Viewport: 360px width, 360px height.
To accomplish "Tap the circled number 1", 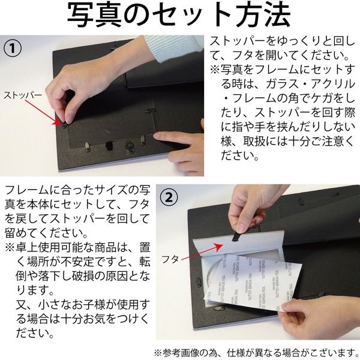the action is pos(13,49).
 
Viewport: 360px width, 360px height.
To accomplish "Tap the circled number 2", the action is pos(169,197).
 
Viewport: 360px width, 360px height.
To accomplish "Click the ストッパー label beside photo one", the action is pos(23,95).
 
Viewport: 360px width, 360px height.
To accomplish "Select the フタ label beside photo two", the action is pos(170,259).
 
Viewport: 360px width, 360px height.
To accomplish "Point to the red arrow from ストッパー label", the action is pos(43,112).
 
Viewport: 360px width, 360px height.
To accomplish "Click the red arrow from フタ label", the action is pos(202,252).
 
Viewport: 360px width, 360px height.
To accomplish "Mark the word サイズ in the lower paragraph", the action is pos(109,190).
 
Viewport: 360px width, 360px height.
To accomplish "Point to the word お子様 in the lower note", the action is pos(88,305).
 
